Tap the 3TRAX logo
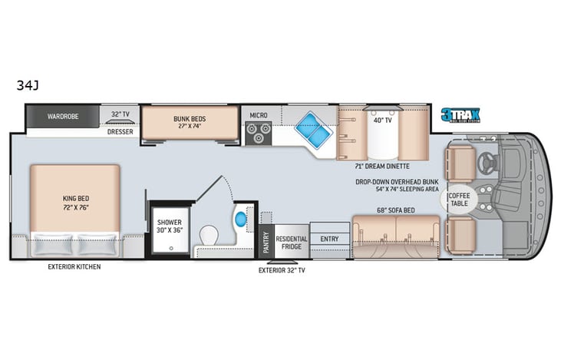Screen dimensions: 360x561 [x=460, y=115]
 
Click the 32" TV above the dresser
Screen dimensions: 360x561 [x=120, y=115]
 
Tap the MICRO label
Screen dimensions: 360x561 [x=258, y=115]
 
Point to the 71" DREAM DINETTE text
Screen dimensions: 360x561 [x=381, y=166]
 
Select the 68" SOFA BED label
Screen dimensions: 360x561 [x=395, y=210]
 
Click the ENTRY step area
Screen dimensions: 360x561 [x=329, y=239]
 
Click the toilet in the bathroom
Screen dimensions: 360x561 [x=210, y=233]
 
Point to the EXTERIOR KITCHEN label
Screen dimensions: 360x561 [x=74, y=266]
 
